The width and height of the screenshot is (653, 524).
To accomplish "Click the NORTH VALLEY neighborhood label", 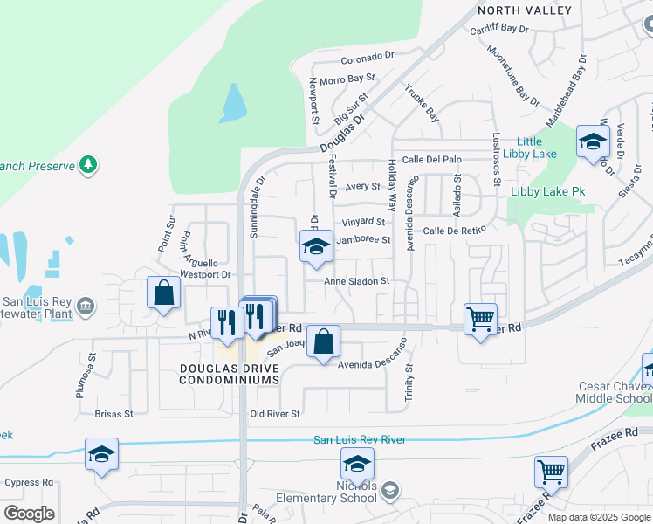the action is point(525,10).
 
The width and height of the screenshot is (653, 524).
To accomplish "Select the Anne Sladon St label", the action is point(356,281).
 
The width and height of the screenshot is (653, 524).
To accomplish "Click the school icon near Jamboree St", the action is point(316,247).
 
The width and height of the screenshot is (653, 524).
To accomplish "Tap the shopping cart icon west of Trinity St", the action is point(480,321).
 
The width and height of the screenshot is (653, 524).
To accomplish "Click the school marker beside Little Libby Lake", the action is point(594,142).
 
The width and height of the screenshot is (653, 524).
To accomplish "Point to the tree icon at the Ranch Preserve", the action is point(87,164).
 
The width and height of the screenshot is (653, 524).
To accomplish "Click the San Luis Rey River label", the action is point(360,439).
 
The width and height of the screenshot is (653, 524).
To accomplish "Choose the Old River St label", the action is point(275,414).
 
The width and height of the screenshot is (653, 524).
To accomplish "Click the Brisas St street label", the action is point(115,414).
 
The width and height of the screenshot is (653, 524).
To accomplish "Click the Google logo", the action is point(29,514).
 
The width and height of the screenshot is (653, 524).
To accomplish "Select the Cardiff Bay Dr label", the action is point(498,28).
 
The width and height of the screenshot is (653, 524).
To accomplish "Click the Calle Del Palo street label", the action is point(431,160).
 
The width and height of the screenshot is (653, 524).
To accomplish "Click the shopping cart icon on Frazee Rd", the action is point(551,472).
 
